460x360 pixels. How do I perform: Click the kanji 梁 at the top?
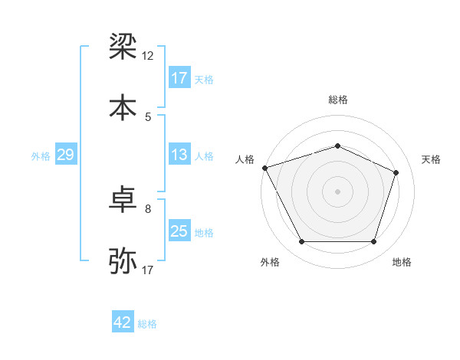123,48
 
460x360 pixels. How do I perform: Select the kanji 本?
123,106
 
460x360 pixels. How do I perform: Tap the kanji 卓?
123,201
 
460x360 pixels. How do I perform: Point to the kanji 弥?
123,260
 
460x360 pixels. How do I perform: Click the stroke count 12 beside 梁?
148,57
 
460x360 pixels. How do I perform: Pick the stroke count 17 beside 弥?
148,270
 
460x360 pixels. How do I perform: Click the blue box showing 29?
65,155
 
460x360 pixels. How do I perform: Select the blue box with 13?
179,155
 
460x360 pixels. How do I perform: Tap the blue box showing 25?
179,232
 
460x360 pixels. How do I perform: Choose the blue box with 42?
123,322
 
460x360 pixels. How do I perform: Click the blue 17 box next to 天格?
179,78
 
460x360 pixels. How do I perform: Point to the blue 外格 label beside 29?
41,156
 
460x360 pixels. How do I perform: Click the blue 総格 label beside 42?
147,324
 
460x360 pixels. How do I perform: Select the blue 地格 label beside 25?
204,233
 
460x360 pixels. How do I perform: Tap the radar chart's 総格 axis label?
337,100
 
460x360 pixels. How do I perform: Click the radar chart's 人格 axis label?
245,159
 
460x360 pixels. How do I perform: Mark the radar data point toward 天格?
396,172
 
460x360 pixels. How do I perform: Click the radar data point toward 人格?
264,168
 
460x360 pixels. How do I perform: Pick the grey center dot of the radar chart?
337,191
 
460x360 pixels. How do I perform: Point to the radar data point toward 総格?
337,146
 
